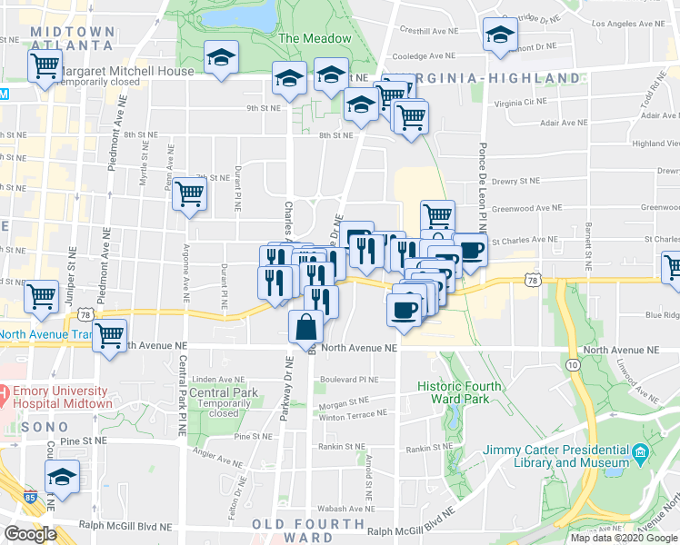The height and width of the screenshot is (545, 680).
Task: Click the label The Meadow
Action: [x=315, y=39]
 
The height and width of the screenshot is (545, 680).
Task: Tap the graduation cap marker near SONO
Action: [x=62, y=478]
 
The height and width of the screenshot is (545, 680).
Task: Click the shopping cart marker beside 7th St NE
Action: [x=189, y=193]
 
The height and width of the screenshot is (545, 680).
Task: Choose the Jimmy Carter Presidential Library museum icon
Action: [x=641, y=451]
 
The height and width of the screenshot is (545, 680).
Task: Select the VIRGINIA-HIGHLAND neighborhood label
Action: [x=483, y=78]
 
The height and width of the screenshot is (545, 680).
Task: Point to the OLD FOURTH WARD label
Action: [x=308, y=530]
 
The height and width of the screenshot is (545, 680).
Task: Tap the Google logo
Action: [x=31, y=534]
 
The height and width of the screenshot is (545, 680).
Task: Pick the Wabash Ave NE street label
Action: [x=340, y=509]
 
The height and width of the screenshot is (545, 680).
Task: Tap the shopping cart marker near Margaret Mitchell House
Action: [x=45, y=66]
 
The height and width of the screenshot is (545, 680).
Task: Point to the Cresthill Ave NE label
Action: [x=427, y=30]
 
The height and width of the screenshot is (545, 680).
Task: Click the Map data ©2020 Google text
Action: [x=623, y=538]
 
